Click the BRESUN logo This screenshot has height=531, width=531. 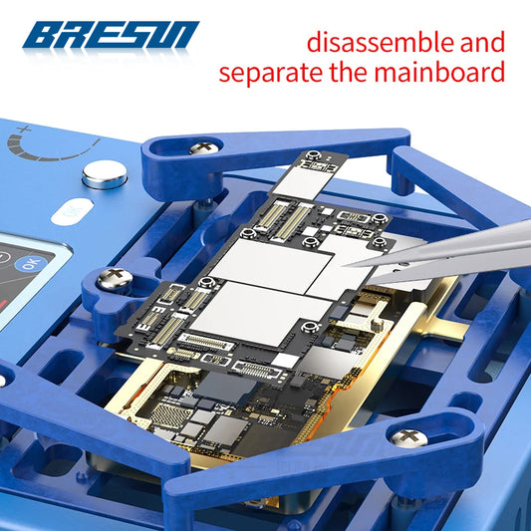click(x=111, y=35)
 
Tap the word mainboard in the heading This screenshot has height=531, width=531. click(x=439, y=72)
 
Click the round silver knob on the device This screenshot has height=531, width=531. click(x=105, y=174)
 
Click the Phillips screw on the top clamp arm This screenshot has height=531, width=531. click(x=204, y=148)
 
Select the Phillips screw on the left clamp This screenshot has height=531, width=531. click(x=115, y=279)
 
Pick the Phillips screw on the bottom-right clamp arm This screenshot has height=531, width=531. click(x=409, y=438)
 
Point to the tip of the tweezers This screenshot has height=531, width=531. click(x=344, y=266)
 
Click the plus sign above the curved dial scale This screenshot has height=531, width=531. click(x=24, y=130)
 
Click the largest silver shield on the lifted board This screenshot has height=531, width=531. click(x=261, y=313)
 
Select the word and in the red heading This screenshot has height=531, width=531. click(x=482, y=42)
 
